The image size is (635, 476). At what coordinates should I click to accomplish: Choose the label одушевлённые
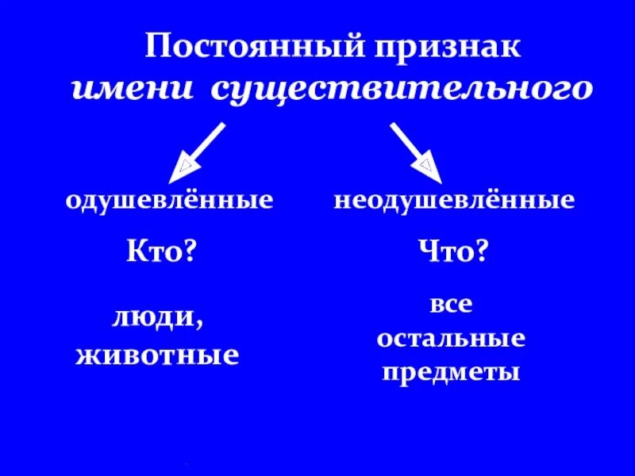169,200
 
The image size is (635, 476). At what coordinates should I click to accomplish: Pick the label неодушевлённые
454,200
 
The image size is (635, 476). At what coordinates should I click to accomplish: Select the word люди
152,318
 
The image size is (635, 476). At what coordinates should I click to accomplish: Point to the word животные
157,354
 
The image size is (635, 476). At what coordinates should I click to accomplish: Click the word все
451,305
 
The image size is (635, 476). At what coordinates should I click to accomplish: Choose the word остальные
451,339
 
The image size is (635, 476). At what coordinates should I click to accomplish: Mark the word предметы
451,371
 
